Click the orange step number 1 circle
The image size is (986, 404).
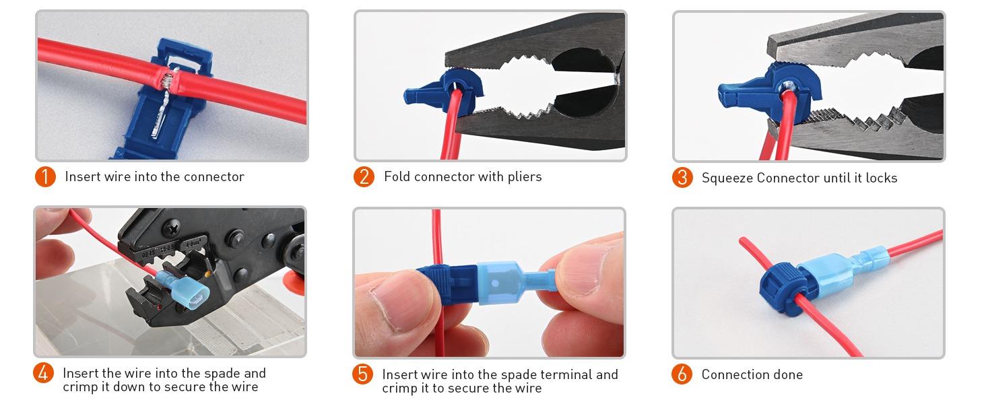tap(45, 177)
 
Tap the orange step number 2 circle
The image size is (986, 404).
tap(364, 177)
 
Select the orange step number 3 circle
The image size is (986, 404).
tap(682, 178)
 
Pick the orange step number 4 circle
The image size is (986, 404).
tap(44, 373)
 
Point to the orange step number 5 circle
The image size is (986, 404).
tap(362, 374)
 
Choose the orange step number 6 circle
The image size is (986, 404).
tap(682, 374)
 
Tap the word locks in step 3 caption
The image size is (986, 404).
tap(880, 178)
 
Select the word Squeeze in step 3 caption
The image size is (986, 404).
tap(727, 178)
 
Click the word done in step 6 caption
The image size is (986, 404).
tap(787, 374)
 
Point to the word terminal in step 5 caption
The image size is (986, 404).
tap(567, 374)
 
